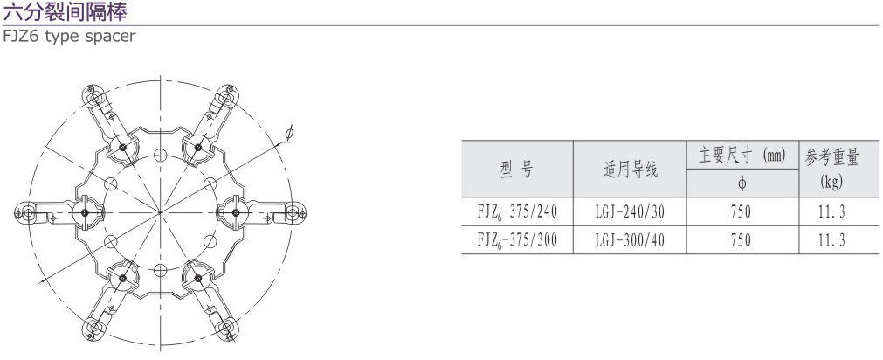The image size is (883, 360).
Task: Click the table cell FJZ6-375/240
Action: [x=516, y=212]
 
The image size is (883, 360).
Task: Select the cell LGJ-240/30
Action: [x=630, y=212]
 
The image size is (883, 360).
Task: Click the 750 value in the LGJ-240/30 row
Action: [x=742, y=212]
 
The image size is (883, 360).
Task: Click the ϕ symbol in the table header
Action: [x=742, y=184]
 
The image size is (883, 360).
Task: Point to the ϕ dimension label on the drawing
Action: [x=289, y=133]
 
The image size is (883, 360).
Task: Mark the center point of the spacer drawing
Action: [x=161, y=212]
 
